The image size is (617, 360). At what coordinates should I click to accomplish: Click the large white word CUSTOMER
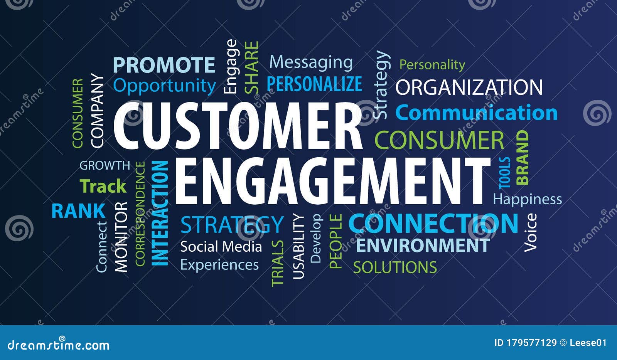click(237, 126)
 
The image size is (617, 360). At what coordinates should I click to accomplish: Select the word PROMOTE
click(164, 65)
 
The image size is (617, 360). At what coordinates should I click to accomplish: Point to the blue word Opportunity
click(165, 86)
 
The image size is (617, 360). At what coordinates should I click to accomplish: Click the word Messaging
click(311, 62)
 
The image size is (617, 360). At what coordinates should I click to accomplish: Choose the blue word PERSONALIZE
click(314, 84)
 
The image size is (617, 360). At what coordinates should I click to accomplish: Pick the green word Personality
click(432, 64)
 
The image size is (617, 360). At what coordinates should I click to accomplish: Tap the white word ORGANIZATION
click(469, 87)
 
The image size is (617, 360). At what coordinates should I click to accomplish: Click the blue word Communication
click(477, 113)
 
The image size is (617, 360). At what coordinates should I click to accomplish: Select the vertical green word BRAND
click(523, 158)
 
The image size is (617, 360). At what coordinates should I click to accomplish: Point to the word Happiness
click(528, 199)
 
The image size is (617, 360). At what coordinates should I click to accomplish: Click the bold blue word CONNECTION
click(433, 223)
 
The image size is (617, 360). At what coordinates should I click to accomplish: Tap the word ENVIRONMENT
click(423, 246)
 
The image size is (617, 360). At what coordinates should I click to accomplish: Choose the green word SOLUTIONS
click(395, 267)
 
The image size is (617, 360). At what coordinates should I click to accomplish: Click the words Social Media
click(221, 247)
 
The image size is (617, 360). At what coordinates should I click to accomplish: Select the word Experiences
click(219, 265)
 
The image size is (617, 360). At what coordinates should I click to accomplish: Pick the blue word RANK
click(78, 211)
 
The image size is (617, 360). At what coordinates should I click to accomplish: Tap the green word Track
click(103, 187)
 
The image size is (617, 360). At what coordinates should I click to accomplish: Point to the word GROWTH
click(105, 165)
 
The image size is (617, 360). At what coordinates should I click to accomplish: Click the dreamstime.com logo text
click(59, 345)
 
